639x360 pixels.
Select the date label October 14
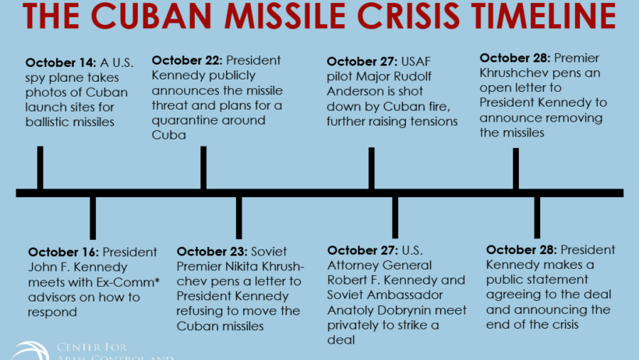(61, 63)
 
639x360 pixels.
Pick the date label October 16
(64, 252)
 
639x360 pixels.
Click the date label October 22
(187, 60)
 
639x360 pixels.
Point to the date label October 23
(212, 252)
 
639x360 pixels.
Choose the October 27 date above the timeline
(362, 62)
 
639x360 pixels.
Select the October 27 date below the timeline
(362, 250)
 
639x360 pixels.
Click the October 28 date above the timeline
(515, 58)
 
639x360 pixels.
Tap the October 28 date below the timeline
(521, 250)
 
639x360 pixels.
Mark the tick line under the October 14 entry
(40, 168)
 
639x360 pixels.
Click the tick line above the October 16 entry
(93, 218)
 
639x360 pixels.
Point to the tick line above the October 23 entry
(238, 217)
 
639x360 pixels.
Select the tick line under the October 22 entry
(203, 168)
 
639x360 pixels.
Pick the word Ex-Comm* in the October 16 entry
(128, 282)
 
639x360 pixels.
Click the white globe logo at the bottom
(30, 351)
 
